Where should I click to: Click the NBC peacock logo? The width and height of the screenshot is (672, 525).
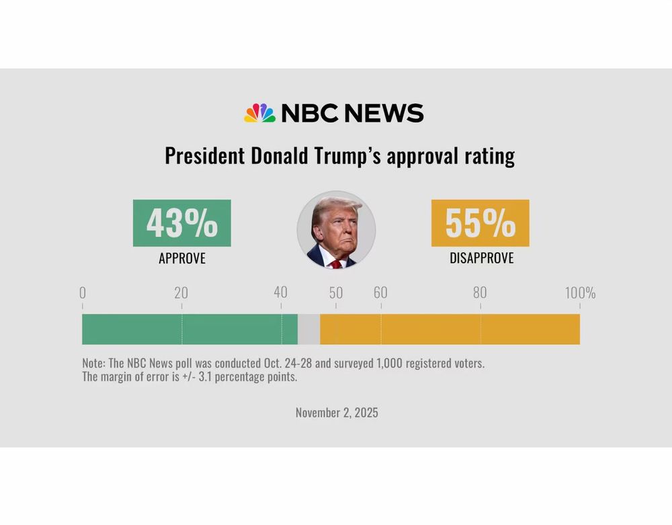click(259, 113)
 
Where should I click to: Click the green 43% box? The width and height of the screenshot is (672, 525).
click(181, 223)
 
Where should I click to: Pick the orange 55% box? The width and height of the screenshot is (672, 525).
click(480, 223)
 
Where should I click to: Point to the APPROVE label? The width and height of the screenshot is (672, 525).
click(181, 258)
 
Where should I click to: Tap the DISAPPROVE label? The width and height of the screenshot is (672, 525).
click(481, 258)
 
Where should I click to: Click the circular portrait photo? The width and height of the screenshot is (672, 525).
click(336, 230)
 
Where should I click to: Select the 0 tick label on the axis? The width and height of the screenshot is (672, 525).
click(83, 293)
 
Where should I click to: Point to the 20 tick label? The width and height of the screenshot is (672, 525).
click(181, 293)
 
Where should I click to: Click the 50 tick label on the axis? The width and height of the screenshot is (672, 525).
click(336, 293)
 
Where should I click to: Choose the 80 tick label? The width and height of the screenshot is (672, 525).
click(480, 293)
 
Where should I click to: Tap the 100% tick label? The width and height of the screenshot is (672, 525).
click(579, 293)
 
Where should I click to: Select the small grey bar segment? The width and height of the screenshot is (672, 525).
click(308, 329)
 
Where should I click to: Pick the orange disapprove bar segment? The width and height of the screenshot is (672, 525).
click(450, 329)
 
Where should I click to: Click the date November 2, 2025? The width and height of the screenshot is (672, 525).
click(337, 413)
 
